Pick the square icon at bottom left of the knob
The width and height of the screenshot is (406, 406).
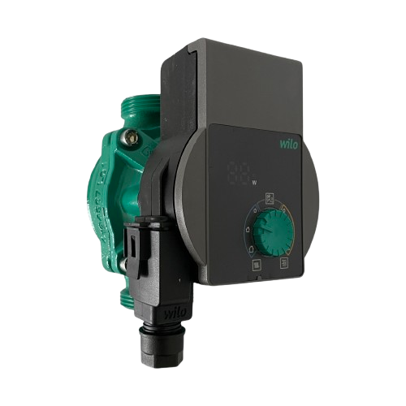tap(257, 264)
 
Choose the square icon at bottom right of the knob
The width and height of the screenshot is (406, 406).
tap(284, 264)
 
